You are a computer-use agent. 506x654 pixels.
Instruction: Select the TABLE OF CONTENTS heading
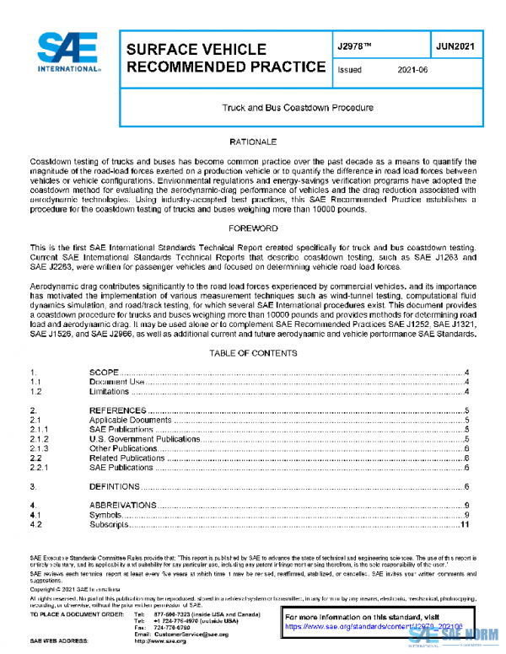click(x=253, y=353)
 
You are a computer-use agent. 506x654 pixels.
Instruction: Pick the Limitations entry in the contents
click(x=110, y=392)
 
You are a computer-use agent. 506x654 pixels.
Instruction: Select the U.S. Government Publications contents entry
click(x=144, y=439)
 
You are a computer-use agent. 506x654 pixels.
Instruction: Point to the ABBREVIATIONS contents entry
click(x=123, y=506)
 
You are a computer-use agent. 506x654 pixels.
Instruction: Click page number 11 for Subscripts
click(x=464, y=525)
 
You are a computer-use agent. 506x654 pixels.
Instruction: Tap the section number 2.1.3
click(x=39, y=448)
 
